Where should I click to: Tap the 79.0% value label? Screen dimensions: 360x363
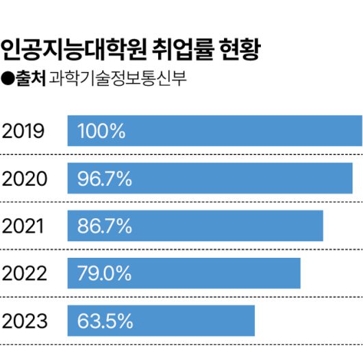click(x=104, y=274)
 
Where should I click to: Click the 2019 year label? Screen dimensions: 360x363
click(x=24, y=131)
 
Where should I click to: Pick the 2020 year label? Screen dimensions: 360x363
click(x=25, y=179)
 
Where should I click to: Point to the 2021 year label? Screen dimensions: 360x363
click(x=24, y=226)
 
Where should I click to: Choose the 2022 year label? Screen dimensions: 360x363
click(x=25, y=274)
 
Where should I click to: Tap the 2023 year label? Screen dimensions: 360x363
click(x=25, y=321)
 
